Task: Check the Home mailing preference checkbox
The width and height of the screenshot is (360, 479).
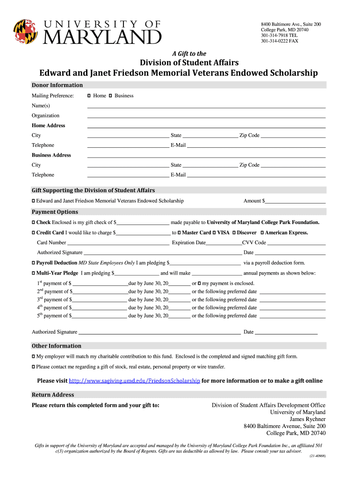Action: pos(89,96)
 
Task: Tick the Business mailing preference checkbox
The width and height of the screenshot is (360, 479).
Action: pos(110,96)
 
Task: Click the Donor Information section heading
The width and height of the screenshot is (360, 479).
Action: pos(57,85)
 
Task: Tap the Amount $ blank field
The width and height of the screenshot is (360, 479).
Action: pos(295,202)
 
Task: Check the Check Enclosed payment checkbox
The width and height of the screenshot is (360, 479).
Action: pos(33,223)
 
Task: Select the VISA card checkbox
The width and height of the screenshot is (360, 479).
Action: pos(214,233)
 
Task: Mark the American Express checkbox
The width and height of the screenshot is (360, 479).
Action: pos(262,233)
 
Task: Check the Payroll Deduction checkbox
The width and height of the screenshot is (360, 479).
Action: pos(33,263)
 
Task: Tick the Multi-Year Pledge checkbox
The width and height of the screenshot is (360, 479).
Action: pos(33,273)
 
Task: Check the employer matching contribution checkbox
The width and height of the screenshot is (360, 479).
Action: pos(33,356)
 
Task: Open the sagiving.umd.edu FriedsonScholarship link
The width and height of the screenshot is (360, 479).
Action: pos(134,381)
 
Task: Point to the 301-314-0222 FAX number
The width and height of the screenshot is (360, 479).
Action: pos(279,41)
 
